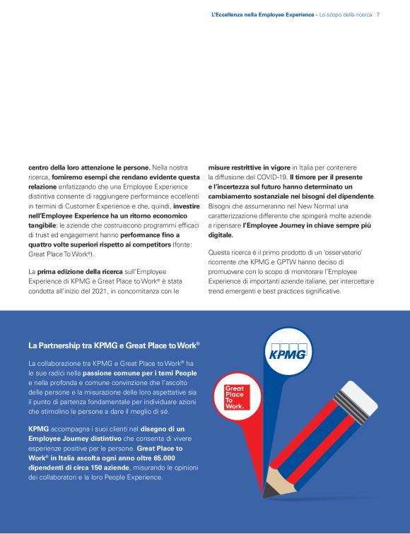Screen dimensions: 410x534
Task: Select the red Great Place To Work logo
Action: coord(235,398)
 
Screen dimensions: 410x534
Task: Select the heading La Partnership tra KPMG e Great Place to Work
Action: coord(114,345)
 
